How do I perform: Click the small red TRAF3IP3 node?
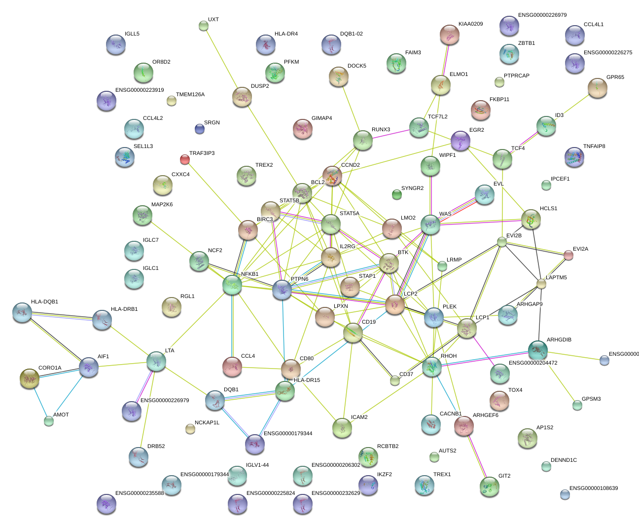[x=185, y=159]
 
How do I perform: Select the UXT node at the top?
[x=204, y=26]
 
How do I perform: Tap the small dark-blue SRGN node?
[x=199, y=129]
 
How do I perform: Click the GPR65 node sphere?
[x=598, y=88]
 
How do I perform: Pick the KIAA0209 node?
[x=450, y=35]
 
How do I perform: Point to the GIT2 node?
[x=490, y=486]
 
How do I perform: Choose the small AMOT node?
[x=48, y=421]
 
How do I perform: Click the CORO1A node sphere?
[x=30, y=378]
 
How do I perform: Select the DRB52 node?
[x=138, y=457]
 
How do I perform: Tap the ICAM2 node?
[x=342, y=428]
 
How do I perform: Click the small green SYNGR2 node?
[x=397, y=194]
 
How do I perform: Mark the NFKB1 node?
[x=232, y=285]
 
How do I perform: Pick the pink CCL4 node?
[x=232, y=366]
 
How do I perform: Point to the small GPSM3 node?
[x=577, y=405]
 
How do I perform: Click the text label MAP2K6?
[x=162, y=204]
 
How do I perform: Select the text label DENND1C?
[x=564, y=460]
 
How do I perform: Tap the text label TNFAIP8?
[x=594, y=146]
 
